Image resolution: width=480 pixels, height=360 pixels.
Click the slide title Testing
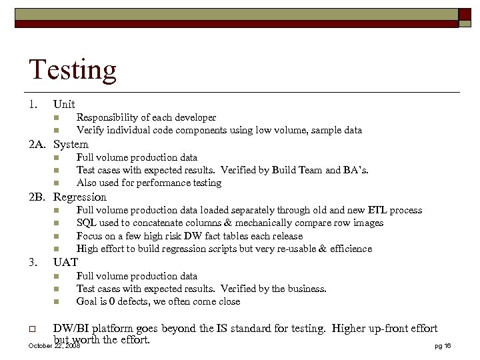pyautogui.click(x=73, y=70)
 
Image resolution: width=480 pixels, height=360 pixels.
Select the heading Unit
pyautogui.click(x=64, y=104)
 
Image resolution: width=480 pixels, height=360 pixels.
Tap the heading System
pyautogui.click(x=71, y=144)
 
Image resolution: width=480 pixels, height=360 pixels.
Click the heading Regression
pyautogui.click(x=80, y=197)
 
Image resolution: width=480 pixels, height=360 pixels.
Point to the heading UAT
pyautogui.click(x=65, y=262)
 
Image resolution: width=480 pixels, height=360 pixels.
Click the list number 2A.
pyautogui.click(x=37, y=144)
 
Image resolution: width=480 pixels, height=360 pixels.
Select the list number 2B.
pyautogui.click(x=37, y=197)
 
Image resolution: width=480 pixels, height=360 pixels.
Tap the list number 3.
pyautogui.click(x=33, y=262)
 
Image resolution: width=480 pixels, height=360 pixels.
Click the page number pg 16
pyautogui.click(x=443, y=346)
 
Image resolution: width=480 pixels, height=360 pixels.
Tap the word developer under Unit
pyautogui.click(x=195, y=117)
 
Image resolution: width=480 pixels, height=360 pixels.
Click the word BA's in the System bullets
pyautogui.click(x=355, y=170)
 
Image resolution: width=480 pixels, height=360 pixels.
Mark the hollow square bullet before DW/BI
pyautogui.click(x=32, y=329)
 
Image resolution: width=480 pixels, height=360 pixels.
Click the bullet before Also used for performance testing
pyautogui.click(x=57, y=183)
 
